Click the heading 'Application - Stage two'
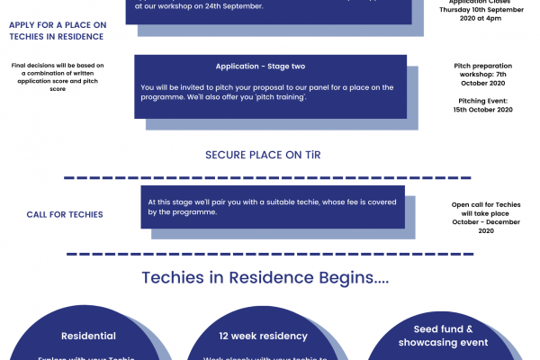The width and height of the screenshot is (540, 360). [x=266, y=67]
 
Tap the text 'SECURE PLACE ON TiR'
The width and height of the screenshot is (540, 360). [x=263, y=155]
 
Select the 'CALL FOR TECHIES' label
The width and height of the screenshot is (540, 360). [x=64, y=214]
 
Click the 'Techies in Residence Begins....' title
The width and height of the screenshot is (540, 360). [x=265, y=277]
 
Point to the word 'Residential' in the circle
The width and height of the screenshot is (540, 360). [x=88, y=336]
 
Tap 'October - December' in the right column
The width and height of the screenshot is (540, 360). [x=486, y=222]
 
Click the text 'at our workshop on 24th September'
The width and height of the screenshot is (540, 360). [x=199, y=6]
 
